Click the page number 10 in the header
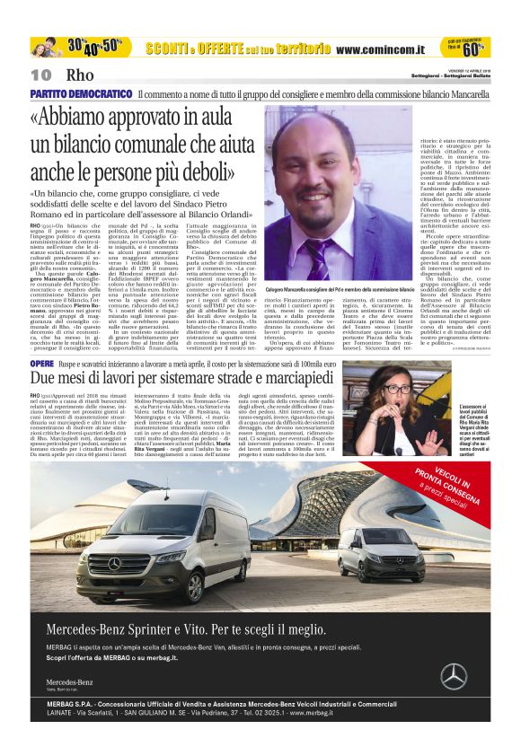[41, 75]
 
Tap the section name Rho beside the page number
[80, 75]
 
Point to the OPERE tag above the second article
[41, 364]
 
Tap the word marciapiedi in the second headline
[288, 381]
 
